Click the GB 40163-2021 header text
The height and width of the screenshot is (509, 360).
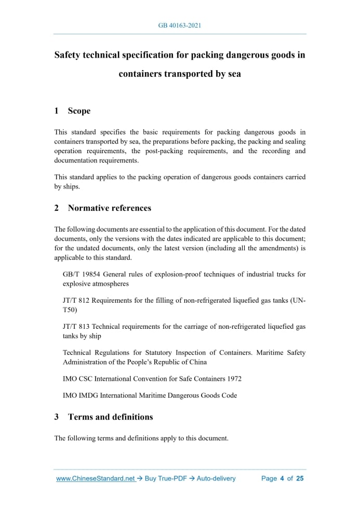pos(180,24)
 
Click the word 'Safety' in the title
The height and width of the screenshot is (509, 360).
pos(71,55)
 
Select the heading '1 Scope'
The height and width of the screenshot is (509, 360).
pos(72,111)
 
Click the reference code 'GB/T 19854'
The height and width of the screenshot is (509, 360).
pos(81,274)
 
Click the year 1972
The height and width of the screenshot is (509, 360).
pos(233,379)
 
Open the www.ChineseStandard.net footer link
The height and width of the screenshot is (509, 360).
pos(95,478)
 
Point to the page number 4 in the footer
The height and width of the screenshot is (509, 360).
pos(282,478)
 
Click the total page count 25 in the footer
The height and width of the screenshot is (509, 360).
pos(299,478)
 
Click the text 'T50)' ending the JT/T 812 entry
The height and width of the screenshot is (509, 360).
pos(70,310)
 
